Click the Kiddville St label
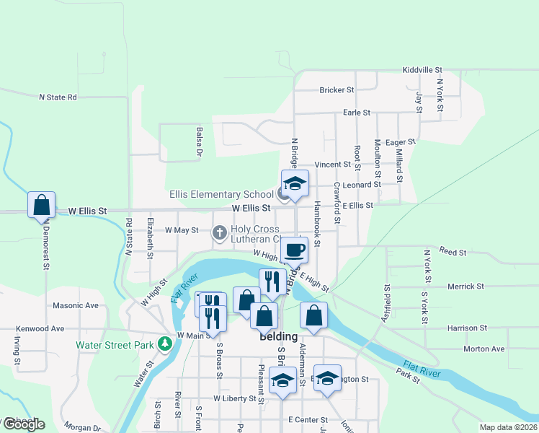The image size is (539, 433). pos(422,70)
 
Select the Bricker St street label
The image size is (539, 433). pos(337,90)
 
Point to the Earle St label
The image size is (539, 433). pos(356,113)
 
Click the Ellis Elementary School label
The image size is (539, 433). pos(221,194)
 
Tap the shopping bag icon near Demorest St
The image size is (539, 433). pos(41,205)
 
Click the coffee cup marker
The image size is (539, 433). pos(293,250)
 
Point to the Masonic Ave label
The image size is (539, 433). pos(76,305)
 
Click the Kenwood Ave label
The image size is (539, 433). pos(40,328)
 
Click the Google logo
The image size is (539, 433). pos(23,424)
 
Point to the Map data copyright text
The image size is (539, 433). pos(508,427)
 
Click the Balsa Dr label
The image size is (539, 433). pos(199,142)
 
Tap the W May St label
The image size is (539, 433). pos(182,230)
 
